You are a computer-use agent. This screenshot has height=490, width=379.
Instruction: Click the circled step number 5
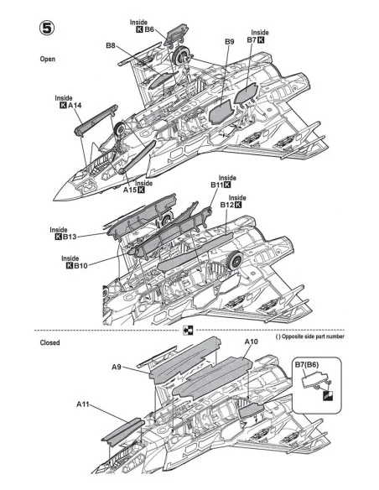click(x=47, y=29)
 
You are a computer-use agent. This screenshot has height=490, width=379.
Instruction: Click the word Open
click(x=48, y=59)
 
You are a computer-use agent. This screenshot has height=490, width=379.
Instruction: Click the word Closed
click(x=49, y=342)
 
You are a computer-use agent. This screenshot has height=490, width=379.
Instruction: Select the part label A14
click(x=75, y=106)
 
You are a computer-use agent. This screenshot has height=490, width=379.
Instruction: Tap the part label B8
click(x=111, y=45)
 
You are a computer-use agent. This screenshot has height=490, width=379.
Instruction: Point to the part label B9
click(x=230, y=42)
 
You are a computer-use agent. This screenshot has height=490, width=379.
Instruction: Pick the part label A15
click(x=130, y=190)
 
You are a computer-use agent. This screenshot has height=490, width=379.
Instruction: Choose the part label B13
click(x=70, y=237)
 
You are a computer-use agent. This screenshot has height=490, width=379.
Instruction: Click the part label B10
click(x=80, y=266)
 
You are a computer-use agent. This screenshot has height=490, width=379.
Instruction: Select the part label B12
click(x=227, y=205)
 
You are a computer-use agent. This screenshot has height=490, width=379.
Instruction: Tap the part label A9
click(x=117, y=367)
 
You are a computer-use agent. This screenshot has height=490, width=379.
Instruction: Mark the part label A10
click(x=251, y=341)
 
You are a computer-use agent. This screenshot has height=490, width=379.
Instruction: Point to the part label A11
click(x=83, y=404)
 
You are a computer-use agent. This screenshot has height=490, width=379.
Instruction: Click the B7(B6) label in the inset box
click(x=307, y=365)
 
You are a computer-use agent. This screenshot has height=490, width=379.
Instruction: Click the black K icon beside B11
click(x=227, y=185)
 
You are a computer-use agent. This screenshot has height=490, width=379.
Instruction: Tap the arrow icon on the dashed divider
click(x=188, y=330)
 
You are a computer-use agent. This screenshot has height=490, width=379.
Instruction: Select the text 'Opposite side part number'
click(x=313, y=336)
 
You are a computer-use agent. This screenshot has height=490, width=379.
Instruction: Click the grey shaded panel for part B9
click(x=221, y=112)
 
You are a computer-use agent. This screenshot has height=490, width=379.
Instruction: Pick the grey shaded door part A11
click(x=122, y=431)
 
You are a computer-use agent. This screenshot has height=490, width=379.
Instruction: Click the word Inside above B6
click(x=138, y=22)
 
